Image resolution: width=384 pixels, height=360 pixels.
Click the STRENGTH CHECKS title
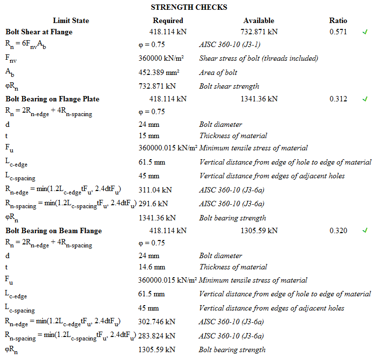189,7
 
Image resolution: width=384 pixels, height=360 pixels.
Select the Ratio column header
338,21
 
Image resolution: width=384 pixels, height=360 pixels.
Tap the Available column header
259,21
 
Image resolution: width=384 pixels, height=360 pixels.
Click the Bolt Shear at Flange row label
39,32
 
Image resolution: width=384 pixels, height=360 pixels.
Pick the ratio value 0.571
338,32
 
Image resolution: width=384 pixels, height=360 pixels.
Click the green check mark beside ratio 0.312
364,99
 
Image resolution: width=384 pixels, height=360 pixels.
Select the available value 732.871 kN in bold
259,32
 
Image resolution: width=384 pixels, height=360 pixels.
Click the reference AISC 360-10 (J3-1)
229,44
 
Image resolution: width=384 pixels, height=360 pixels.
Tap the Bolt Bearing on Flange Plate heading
52,99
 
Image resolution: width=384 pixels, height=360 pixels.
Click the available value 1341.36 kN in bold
259,99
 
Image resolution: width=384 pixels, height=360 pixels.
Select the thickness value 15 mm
149,136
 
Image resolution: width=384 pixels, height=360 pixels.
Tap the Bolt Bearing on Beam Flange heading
54,230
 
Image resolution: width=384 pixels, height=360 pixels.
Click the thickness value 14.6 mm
152,267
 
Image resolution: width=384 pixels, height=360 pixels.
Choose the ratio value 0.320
338,230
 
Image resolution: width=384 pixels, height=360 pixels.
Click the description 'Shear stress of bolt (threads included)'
259,58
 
